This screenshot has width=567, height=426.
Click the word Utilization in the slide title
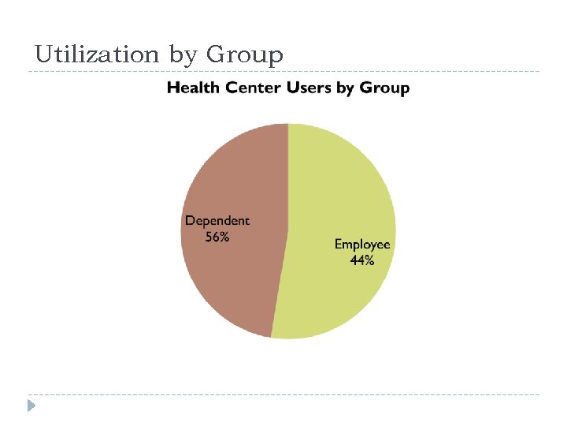(x=97, y=54)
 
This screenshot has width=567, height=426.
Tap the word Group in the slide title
(x=244, y=54)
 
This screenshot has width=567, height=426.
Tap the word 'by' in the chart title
(x=346, y=88)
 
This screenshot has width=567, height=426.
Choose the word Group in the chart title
(x=384, y=88)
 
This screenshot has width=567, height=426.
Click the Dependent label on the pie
(x=217, y=221)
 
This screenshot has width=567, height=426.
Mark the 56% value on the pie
(x=217, y=237)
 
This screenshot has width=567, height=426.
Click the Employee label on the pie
(x=362, y=245)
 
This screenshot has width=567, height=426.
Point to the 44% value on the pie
(x=362, y=260)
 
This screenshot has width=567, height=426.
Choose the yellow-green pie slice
(x=339, y=181)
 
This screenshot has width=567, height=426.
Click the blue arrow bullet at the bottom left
(x=31, y=406)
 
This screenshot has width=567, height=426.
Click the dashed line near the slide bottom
(x=283, y=394)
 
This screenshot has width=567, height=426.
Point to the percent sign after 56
(x=224, y=237)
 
